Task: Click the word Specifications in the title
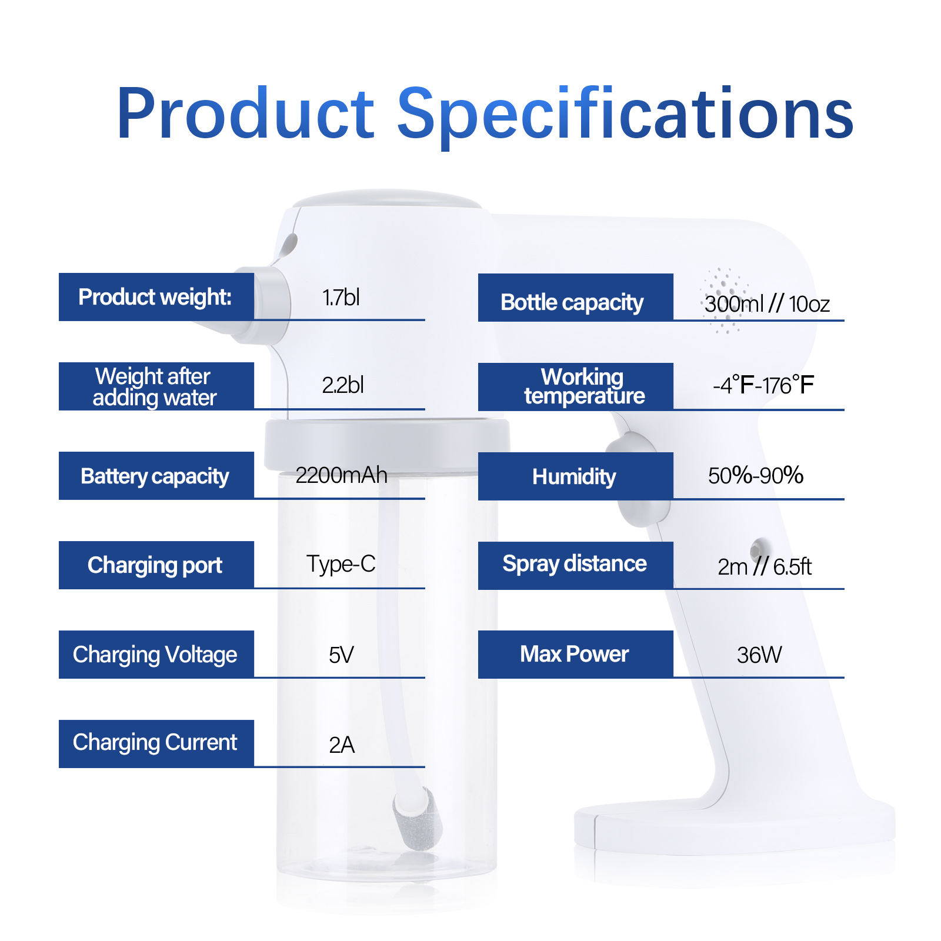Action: coord(625,115)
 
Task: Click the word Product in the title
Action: coord(245,113)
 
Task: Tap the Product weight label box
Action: coord(156,297)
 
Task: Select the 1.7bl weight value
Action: coord(341,298)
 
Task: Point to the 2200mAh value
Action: coord(341,475)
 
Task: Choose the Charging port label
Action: coord(156,565)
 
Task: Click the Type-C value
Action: coord(341,564)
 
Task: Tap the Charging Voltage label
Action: coord(156,655)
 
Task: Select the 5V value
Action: coord(341,655)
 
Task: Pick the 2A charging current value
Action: coord(342,745)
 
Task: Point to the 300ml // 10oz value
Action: coord(767,304)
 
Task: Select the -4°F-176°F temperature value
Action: coord(763,386)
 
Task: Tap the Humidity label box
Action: coord(576,476)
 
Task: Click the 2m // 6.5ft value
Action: coord(765,566)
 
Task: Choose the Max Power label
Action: coord(576,655)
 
